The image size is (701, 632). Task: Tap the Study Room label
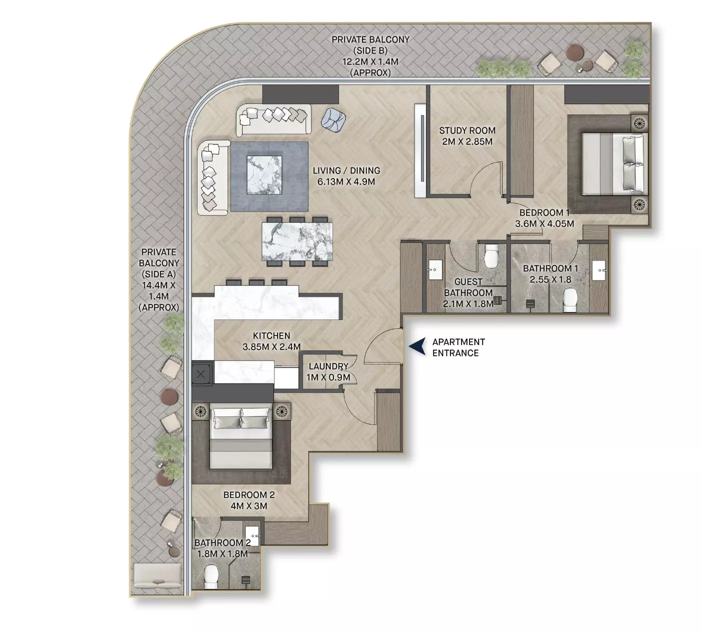point(467,130)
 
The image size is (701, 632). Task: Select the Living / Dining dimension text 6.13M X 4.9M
point(346,182)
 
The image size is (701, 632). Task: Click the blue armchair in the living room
point(333,120)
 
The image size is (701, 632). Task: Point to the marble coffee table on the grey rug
point(264,175)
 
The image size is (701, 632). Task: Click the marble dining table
point(297,241)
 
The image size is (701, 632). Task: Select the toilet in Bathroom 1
point(570,299)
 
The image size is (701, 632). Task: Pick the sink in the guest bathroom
point(434,269)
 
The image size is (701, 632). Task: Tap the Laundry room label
point(328,366)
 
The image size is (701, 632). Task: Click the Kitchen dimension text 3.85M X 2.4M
point(271,347)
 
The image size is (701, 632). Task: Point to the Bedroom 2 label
point(249,495)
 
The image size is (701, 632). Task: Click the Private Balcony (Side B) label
point(370,45)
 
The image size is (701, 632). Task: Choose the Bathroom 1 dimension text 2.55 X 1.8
point(550,279)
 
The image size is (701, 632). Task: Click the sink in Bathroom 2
point(251,536)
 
